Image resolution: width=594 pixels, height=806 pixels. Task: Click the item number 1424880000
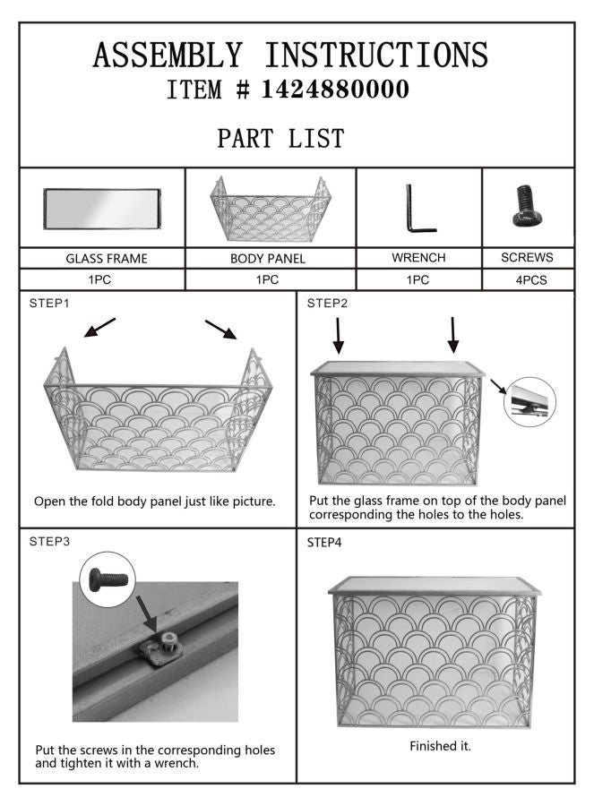coord(335,89)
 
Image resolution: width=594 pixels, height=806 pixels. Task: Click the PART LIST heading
coord(280,138)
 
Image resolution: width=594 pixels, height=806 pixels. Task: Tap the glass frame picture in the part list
coord(102,209)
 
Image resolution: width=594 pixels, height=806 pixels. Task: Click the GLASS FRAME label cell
coord(102,258)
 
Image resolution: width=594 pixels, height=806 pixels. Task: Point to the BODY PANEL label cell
coord(271,258)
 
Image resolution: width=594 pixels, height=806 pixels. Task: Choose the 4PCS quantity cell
coord(529,279)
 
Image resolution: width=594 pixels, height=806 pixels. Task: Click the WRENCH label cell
coord(419,258)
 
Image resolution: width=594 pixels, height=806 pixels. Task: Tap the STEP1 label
coord(49,304)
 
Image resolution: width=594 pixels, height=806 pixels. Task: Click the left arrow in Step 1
coord(99,328)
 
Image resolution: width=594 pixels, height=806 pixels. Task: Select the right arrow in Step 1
coord(221,330)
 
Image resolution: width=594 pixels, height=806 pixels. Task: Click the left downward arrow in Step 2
coord(338,336)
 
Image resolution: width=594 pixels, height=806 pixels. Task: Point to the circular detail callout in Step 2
coord(529,401)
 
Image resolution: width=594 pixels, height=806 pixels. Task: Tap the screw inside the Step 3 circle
coord(108,579)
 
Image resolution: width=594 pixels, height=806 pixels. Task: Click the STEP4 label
coord(324,543)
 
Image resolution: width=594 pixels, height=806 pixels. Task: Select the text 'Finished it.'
coord(440,746)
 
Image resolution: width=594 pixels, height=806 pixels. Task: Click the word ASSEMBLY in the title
coord(168,55)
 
